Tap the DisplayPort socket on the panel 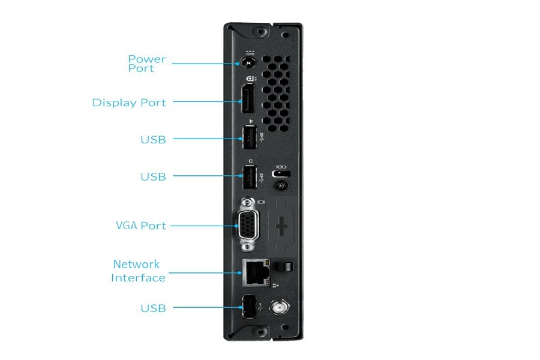coord(247,100)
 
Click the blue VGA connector coord(248,226)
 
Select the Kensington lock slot coord(280,174)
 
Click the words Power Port coord(147,64)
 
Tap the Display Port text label coord(129,103)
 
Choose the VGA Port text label coord(141,226)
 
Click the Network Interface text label coord(138,271)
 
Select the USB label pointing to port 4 coord(153,140)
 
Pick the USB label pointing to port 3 coord(153,177)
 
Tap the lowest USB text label coord(153,308)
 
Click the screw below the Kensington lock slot coord(279,186)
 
